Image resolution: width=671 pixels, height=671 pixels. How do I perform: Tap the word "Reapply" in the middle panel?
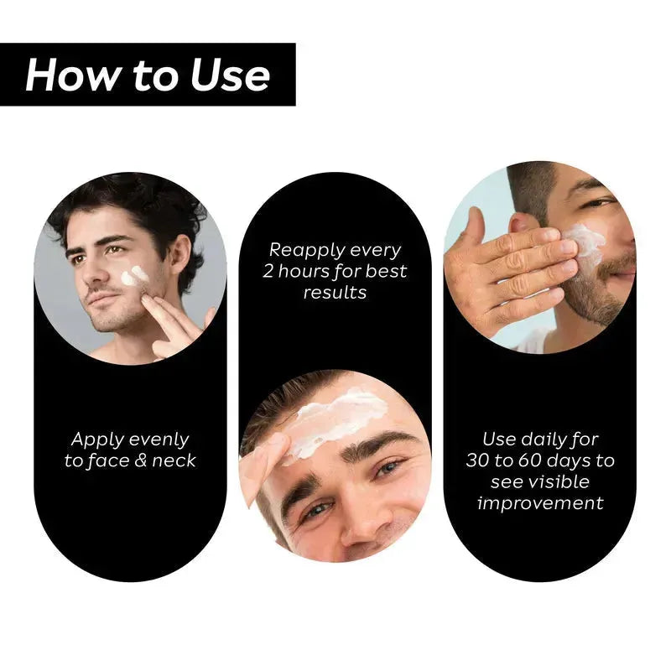304,250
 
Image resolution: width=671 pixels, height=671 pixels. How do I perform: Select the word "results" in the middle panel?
335,292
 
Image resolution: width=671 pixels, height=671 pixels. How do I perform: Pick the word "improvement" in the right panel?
539,503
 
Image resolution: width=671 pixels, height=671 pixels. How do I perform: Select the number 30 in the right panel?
481,460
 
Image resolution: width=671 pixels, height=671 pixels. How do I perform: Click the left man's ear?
178,252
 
